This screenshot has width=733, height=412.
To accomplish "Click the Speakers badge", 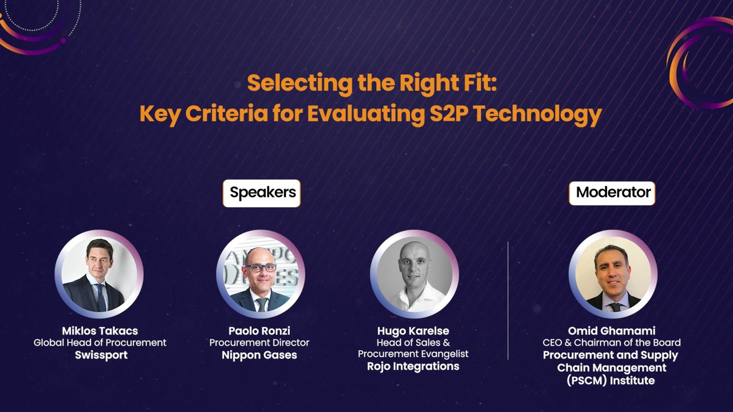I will [x=262, y=193].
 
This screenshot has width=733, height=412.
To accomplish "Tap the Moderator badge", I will [x=612, y=193].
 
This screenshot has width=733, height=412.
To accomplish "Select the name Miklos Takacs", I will [x=100, y=331].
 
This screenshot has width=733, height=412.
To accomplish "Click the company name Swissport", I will [x=101, y=355].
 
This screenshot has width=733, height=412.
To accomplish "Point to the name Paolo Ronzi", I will [x=259, y=331].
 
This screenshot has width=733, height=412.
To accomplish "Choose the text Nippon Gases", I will [x=259, y=355].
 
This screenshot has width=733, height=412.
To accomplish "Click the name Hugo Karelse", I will [x=413, y=331].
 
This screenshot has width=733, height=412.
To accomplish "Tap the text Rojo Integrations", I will [x=413, y=366].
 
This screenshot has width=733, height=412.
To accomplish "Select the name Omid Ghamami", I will [x=612, y=331].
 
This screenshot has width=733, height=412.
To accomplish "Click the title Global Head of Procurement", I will [x=100, y=343].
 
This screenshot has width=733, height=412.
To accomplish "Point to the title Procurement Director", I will [x=259, y=343].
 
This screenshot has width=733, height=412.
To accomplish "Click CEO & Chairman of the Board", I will [x=612, y=343].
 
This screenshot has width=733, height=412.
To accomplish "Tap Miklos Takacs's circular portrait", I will [x=99, y=274].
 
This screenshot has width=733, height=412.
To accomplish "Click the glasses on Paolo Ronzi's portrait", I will [x=260, y=267].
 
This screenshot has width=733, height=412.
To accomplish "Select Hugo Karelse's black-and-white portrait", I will [x=414, y=274].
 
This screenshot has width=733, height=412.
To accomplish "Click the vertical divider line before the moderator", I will [x=508, y=300].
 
